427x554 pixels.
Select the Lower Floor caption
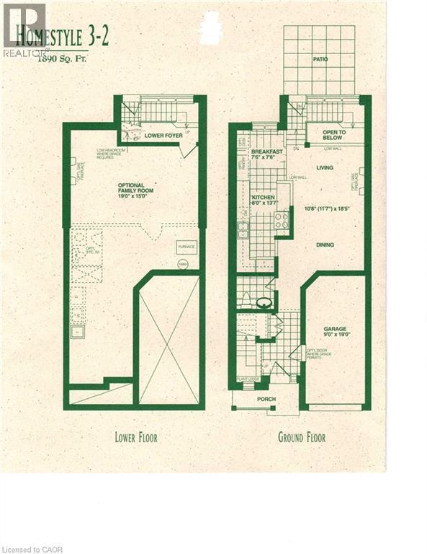tap(135, 437)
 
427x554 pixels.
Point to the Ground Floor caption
tap(302, 437)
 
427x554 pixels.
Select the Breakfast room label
tap(266, 152)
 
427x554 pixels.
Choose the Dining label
tap(325, 245)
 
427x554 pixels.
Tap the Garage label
tap(334, 329)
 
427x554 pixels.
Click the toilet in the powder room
tap(264, 303)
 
